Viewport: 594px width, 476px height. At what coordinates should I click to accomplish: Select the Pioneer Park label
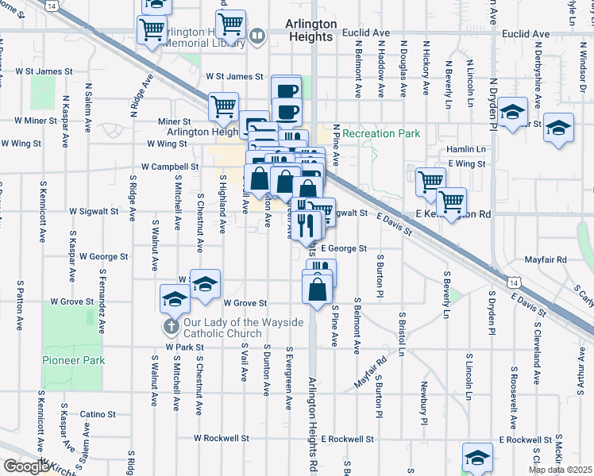(73, 360)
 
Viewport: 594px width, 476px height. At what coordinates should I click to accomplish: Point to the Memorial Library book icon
(257, 36)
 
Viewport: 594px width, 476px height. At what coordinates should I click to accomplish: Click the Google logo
(26, 466)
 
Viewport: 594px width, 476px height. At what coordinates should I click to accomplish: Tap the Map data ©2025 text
(559, 470)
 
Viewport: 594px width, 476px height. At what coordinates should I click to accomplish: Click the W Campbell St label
(170, 167)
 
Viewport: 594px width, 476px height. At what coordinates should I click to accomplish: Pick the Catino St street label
(98, 414)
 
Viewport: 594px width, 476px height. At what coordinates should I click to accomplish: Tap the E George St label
(344, 248)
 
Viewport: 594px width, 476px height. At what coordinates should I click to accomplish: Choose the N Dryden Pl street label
(492, 103)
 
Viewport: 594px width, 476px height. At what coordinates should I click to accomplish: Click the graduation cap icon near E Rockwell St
(477, 458)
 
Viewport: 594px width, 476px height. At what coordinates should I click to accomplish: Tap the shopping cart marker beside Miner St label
(224, 106)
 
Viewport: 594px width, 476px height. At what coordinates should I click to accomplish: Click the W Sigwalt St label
(94, 213)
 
